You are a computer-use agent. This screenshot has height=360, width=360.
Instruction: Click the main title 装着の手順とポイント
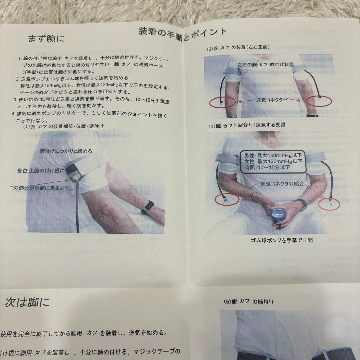point(183,34)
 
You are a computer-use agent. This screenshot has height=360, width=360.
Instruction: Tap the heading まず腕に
point(46,39)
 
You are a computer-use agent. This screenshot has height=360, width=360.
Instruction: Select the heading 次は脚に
point(27,302)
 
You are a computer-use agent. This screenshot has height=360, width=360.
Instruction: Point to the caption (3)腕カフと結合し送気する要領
point(247,126)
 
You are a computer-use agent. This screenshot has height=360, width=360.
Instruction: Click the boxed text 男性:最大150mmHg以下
point(273,155)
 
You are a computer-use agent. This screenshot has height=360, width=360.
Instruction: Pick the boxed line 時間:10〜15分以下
point(267,168)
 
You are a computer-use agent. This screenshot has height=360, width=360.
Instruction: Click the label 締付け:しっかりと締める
point(66,151)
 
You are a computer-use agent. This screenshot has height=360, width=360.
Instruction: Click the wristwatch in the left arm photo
point(147,207)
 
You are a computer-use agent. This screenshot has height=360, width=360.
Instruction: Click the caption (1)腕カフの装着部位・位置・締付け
point(63,126)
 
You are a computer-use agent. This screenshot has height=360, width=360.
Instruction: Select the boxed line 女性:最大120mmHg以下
point(273,161)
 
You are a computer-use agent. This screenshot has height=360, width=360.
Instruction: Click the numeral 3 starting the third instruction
point(15,100)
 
